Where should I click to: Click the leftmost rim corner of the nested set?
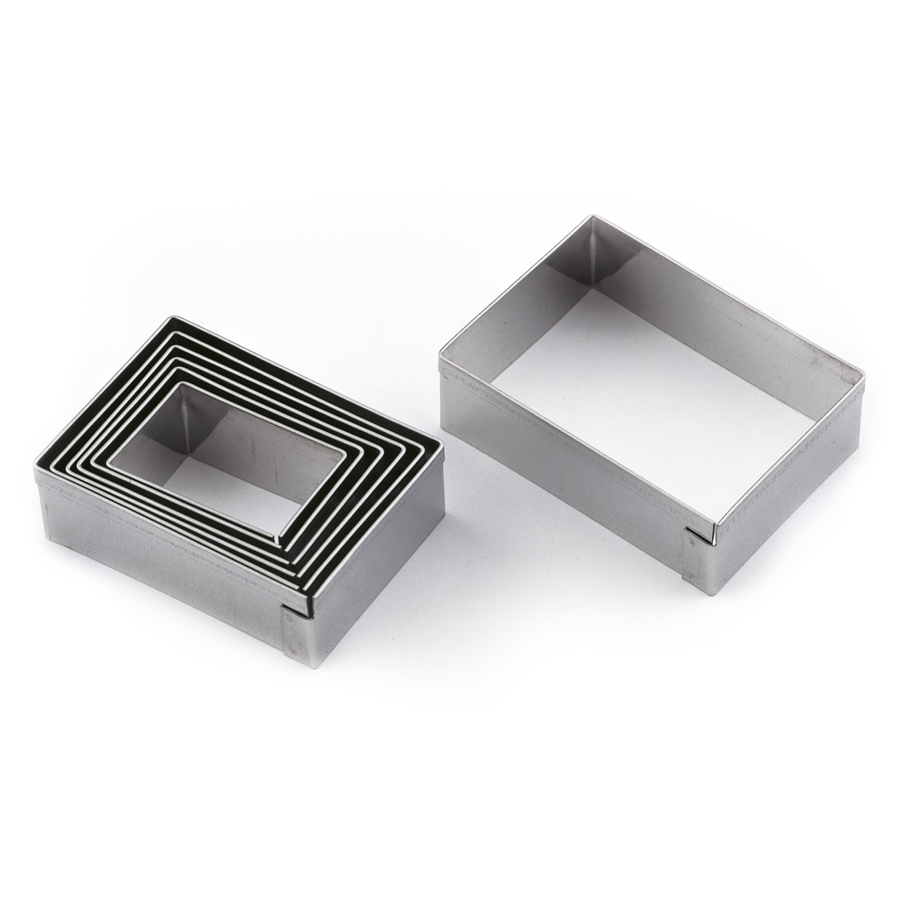(x=36, y=467)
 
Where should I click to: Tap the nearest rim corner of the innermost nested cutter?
(x=277, y=543)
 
